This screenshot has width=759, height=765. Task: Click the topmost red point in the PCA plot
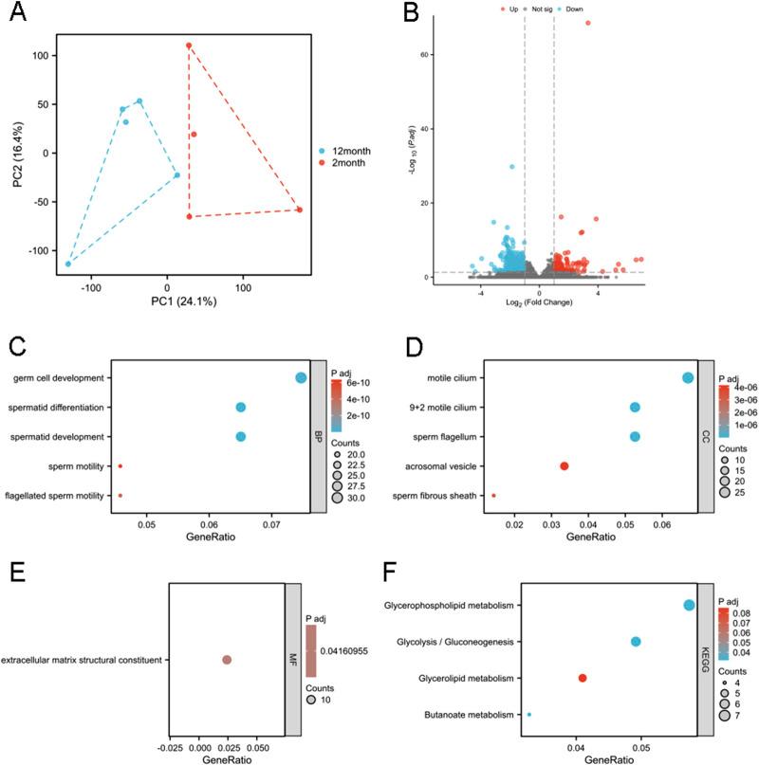coord(189,46)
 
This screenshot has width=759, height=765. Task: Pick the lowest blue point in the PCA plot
coord(68,264)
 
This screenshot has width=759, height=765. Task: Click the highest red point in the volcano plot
coord(587,23)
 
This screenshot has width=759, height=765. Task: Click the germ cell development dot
coord(301,377)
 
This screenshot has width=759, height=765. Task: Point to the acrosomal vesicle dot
coord(565,465)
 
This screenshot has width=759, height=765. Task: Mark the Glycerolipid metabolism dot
coord(582,678)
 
